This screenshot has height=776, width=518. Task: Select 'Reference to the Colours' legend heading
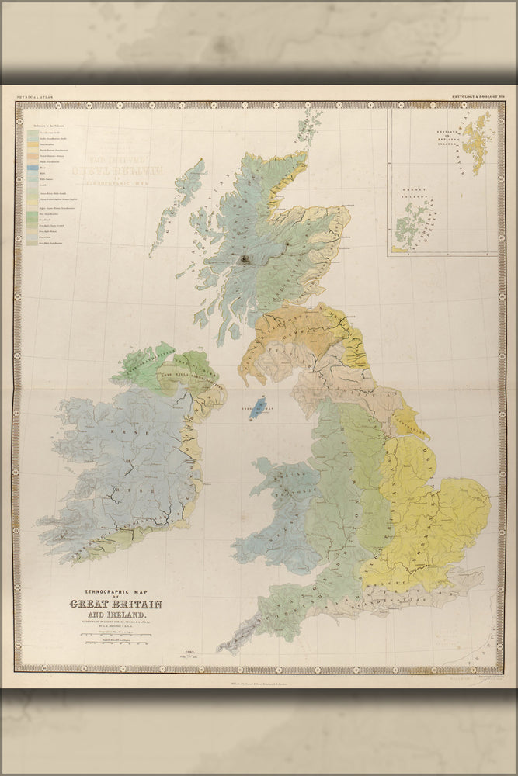(x=48, y=125)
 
